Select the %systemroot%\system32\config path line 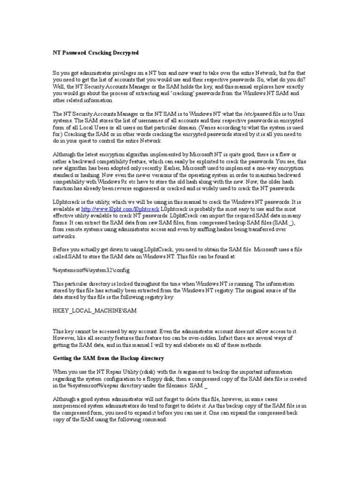pos(90,270)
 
